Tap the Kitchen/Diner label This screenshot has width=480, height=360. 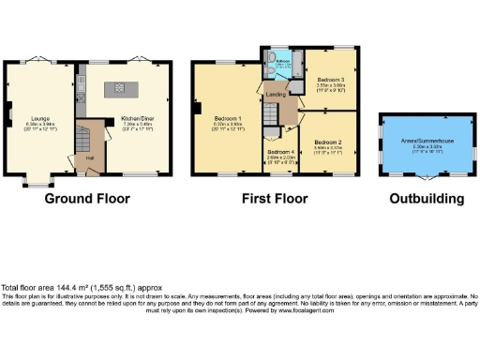[x=136, y=119]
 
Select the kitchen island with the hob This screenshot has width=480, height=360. [x=120, y=88]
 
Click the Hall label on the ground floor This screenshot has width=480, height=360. [x=90, y=157]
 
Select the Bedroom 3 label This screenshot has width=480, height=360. [x=331, y=81]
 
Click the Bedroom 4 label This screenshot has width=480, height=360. [x=281, y=152]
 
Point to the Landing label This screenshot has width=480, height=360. [x=276, y=94]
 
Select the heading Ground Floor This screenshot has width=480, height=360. [x=87, y=199]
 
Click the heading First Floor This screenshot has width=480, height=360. [x=275, y=199]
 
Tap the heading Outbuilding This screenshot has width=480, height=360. [x=427, y=199]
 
